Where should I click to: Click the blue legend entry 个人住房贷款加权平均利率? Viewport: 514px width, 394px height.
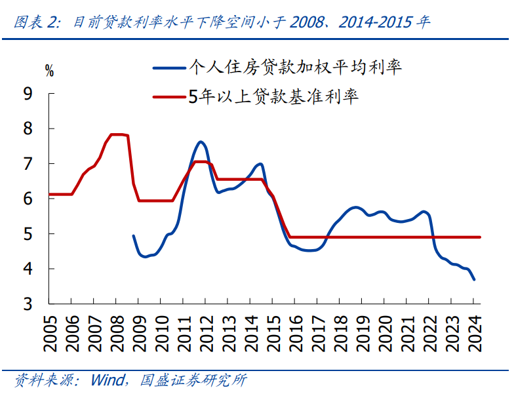[295, 67]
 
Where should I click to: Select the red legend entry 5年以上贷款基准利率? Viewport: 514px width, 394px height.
[273, 97]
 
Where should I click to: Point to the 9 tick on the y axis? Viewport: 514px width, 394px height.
[28, 94]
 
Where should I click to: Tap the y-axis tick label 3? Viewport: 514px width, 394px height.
[28, 304]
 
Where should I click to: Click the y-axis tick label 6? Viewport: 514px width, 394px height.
[28, 199]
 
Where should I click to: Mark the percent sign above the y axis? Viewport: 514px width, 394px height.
[50, 71]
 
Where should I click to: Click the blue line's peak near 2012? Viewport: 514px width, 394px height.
[201, 142]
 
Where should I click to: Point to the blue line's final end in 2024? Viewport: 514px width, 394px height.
[473, 280]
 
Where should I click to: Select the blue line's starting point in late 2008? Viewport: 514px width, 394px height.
[133, 236]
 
